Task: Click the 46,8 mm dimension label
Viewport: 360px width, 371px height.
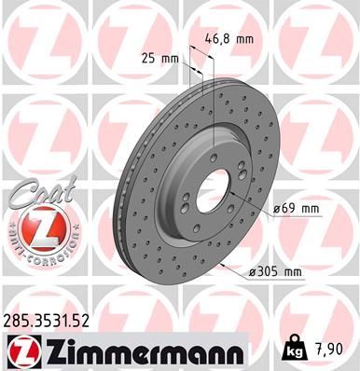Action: [x=228, y=40]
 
